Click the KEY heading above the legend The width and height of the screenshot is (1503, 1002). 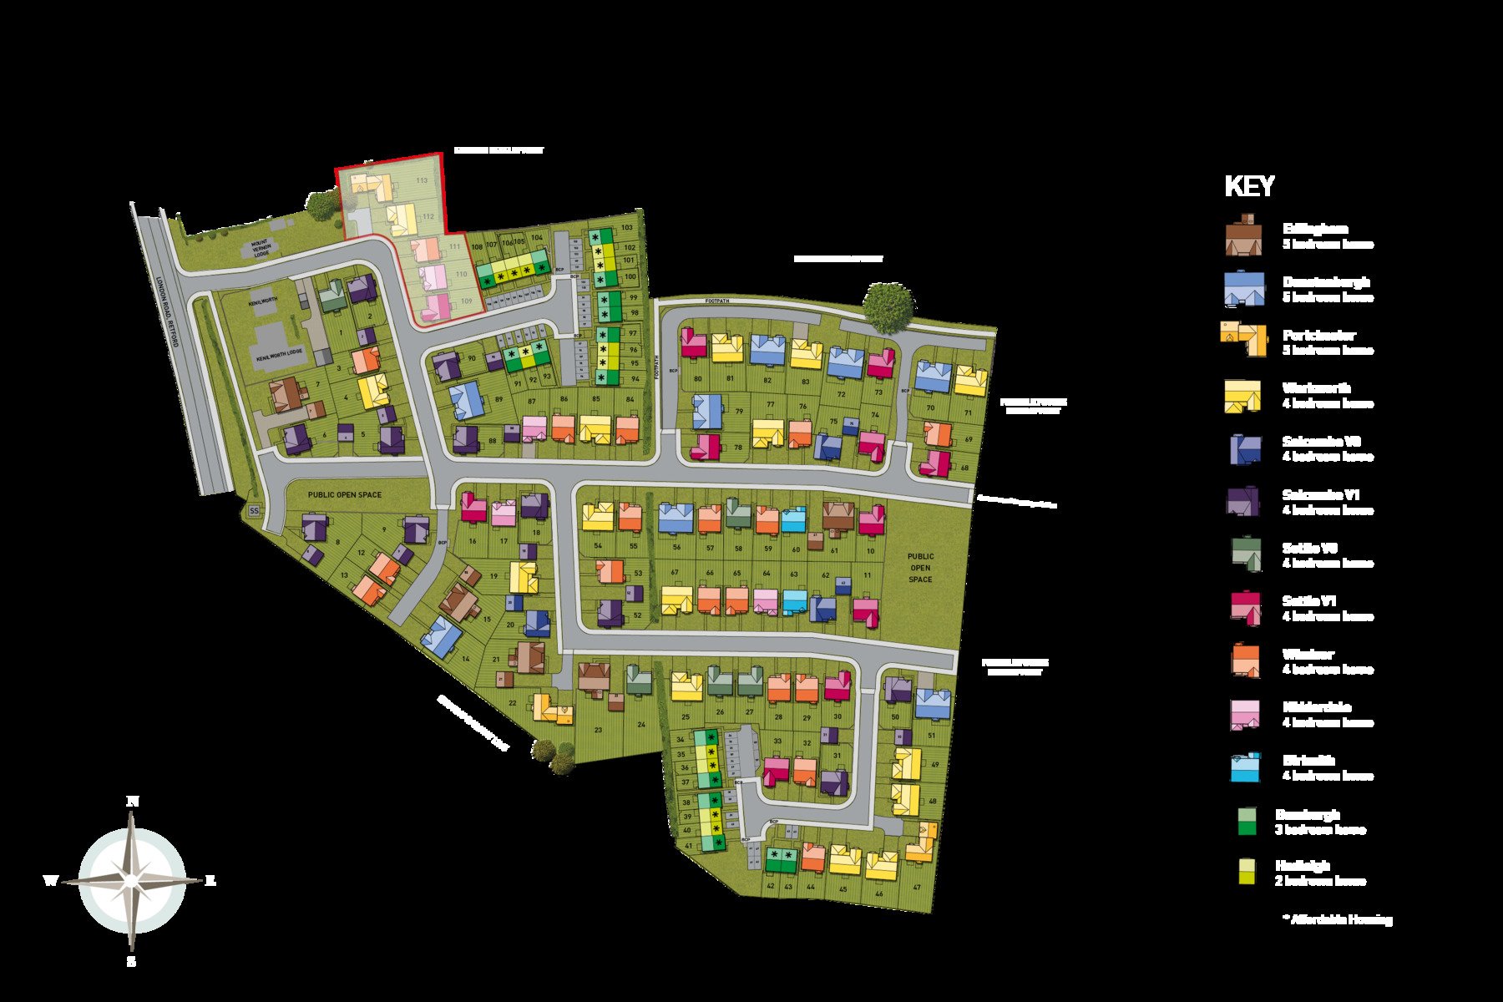(1249, 186)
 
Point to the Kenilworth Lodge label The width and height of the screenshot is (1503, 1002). (280, 355)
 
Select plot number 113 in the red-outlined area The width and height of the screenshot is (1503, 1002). (422, 180)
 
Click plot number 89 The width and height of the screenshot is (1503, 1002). (499, 399)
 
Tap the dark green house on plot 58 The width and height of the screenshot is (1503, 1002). (737, 513)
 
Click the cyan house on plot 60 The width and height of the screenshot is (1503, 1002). (794, 520)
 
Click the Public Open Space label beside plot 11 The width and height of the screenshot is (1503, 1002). (920, 568)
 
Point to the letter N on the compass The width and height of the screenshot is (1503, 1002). (132, 802)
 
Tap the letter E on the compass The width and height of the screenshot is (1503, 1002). (210, 880)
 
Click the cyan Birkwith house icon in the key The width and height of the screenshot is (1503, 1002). (1244, 767)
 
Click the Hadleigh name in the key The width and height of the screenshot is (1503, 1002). (1302, 866)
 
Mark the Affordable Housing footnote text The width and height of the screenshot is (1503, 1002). (1338, 919)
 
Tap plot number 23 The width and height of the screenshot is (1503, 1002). (598, 730)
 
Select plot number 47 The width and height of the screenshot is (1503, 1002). (917, 888)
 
